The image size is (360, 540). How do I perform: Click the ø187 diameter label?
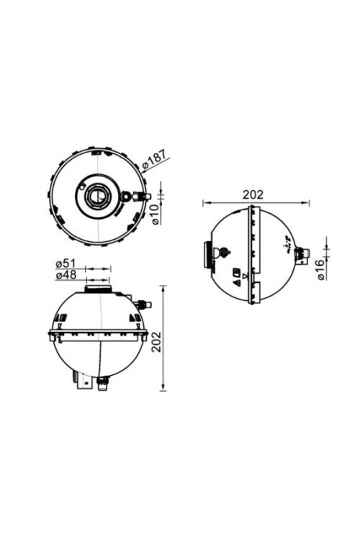tap(155, 160)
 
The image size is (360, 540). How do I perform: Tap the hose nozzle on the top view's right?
tap(141, 195)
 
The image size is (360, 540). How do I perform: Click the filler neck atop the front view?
tap(97, 289)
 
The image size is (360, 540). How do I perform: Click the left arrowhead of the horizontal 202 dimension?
tap(204, 202)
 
